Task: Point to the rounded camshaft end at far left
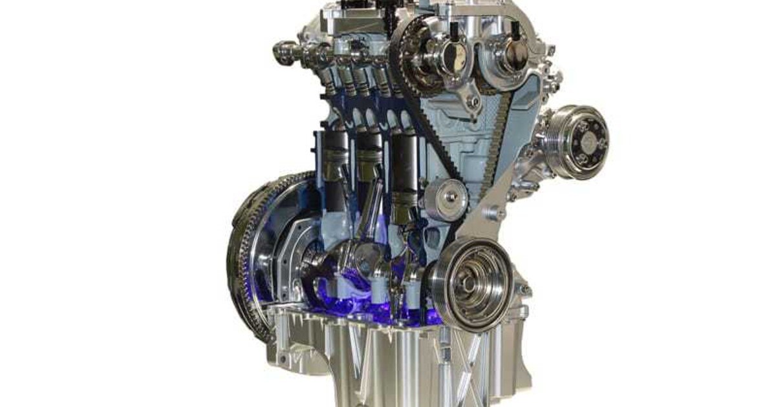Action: coord(283,52)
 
